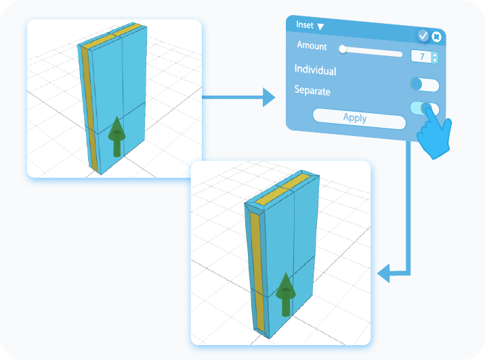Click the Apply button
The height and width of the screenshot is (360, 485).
(x=355, y=118)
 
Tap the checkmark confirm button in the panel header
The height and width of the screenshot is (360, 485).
(x=423, y=35)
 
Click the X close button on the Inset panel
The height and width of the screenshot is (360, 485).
(x=437, y=37)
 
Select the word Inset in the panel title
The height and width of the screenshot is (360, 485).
(x=305, y=25)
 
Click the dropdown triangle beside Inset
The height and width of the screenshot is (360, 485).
(x=320, y=26)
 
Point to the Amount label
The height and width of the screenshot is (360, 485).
(x=312, y=46)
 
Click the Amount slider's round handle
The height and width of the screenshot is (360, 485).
(x=343, y=49)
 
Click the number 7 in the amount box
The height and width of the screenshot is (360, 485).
(x=422, y=57)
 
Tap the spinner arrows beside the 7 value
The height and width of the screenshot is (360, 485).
(x=435, y=58)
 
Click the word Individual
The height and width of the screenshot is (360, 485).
(x=315, y=70)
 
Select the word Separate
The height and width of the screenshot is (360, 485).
(x=312, y=90)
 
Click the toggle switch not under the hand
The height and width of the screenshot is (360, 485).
(x=425, y=85)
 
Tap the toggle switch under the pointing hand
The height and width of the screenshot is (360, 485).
(x=424, y=108)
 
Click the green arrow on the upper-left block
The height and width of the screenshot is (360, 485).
(x=117, y=137)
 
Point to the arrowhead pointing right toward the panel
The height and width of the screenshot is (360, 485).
(x=269, y=98)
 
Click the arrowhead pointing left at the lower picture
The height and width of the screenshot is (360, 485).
(x=383, y=274)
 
